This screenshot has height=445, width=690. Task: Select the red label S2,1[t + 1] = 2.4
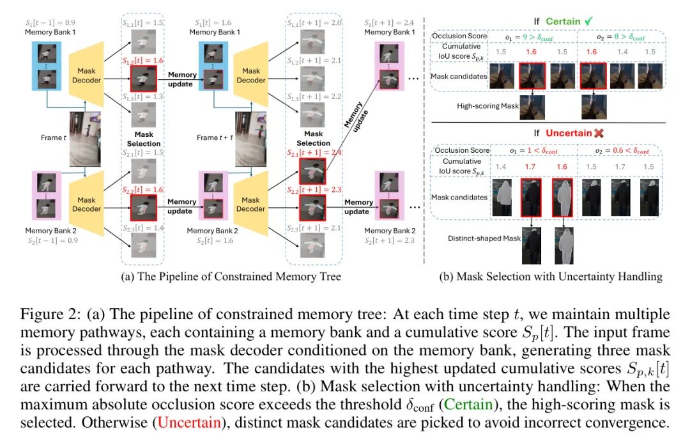click(314, 153)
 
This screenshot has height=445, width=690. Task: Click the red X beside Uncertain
click(598, 132)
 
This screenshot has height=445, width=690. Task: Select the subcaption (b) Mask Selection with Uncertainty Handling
click(550, 276)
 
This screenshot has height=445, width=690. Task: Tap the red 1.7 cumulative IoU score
click(530, 168)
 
